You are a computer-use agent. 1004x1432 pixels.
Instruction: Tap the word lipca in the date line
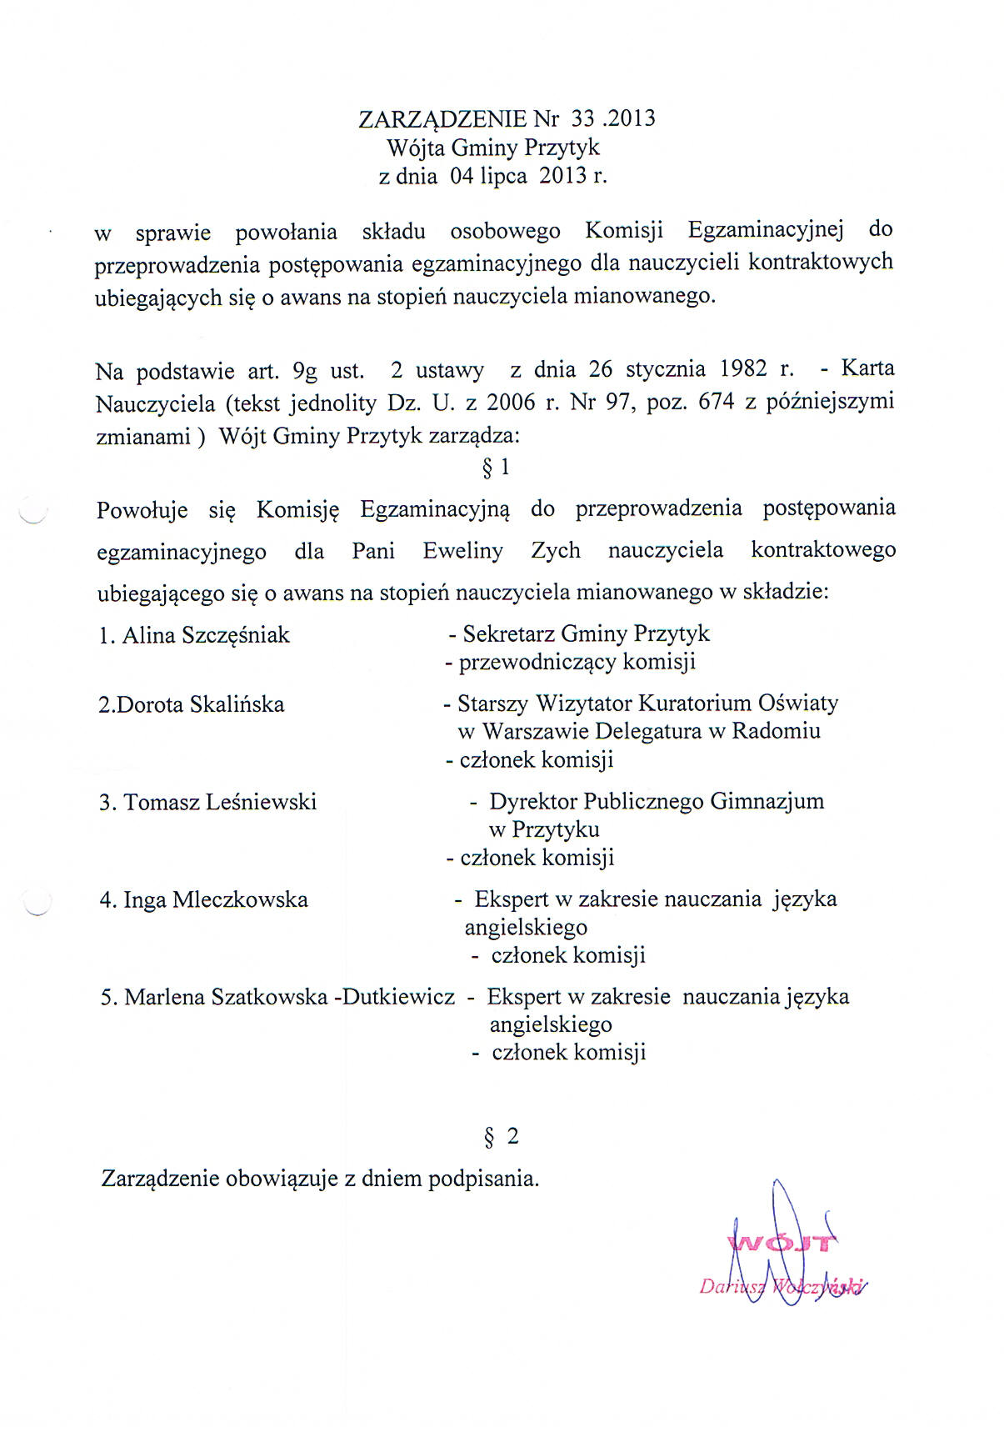(503, 177)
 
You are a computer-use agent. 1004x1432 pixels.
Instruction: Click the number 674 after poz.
(716, 402)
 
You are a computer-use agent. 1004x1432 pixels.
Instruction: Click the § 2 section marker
(502, 1136)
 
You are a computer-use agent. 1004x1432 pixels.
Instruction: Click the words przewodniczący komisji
(577, 663)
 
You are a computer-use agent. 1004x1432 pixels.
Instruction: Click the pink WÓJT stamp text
(782, 1244)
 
